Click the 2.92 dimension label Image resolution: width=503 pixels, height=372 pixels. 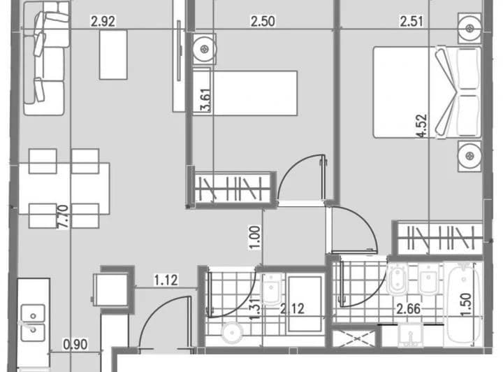pos(103,21)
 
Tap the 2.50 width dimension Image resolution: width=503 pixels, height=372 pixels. pos(262,21)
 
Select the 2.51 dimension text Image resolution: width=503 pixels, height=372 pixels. pos(412,21)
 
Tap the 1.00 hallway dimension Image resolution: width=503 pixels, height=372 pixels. pos(256,236)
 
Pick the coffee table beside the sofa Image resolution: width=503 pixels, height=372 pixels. pos(113,54)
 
